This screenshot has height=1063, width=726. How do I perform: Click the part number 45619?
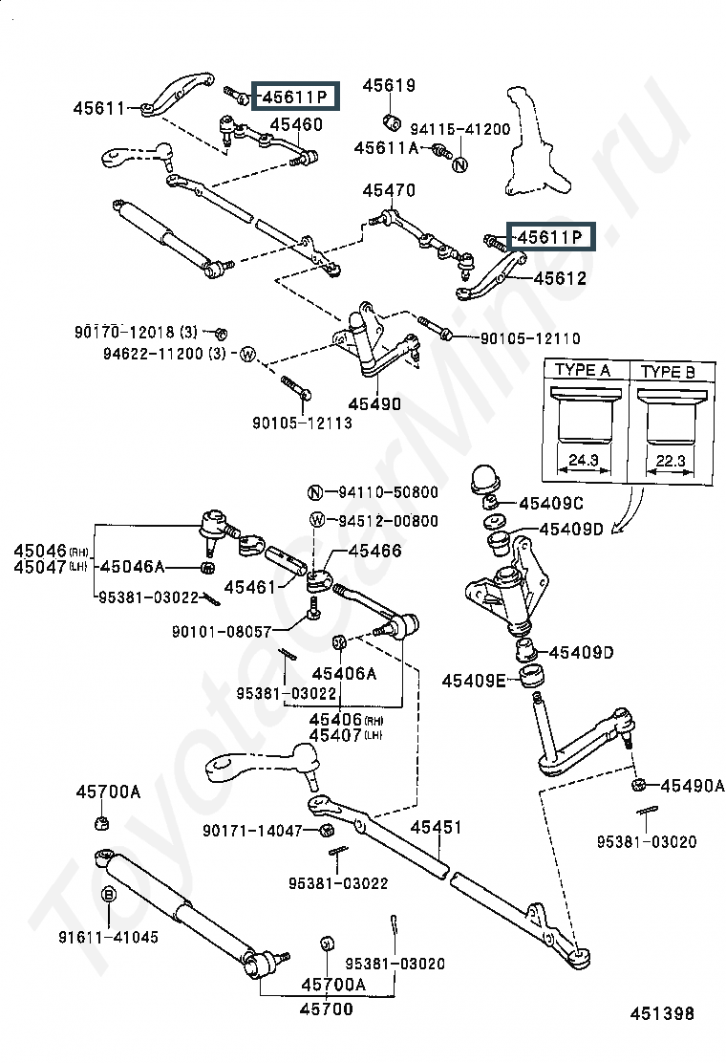(389, 85)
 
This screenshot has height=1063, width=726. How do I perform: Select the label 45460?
(296, 124)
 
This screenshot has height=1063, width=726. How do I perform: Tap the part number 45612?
(560, 278)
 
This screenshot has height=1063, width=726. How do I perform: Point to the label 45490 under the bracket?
(374, 404)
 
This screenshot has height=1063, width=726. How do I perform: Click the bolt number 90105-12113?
(302, 423)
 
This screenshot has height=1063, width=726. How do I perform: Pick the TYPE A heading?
(583, 370)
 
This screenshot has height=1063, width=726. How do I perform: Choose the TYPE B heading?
(668, 372)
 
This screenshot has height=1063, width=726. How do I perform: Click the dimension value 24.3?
(583, 460)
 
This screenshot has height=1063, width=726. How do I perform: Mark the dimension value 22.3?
(671, 461)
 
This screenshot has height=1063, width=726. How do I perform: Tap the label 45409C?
(550, 504)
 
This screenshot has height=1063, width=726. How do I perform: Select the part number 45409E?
(474, 681)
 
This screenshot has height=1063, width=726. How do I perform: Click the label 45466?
(374, 552)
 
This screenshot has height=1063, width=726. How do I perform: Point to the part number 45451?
(437, 827)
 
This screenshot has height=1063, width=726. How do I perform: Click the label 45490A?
(693, 786)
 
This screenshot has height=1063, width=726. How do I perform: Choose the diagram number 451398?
(662, 1013)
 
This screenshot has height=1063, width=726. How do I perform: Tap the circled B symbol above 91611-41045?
(108, 895)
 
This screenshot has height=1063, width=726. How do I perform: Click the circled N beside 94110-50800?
(315, 492)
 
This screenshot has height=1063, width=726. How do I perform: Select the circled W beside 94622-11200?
(247, 354)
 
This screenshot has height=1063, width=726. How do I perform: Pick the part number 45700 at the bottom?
(327, 1009)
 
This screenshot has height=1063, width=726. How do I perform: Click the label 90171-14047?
(252, 831)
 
